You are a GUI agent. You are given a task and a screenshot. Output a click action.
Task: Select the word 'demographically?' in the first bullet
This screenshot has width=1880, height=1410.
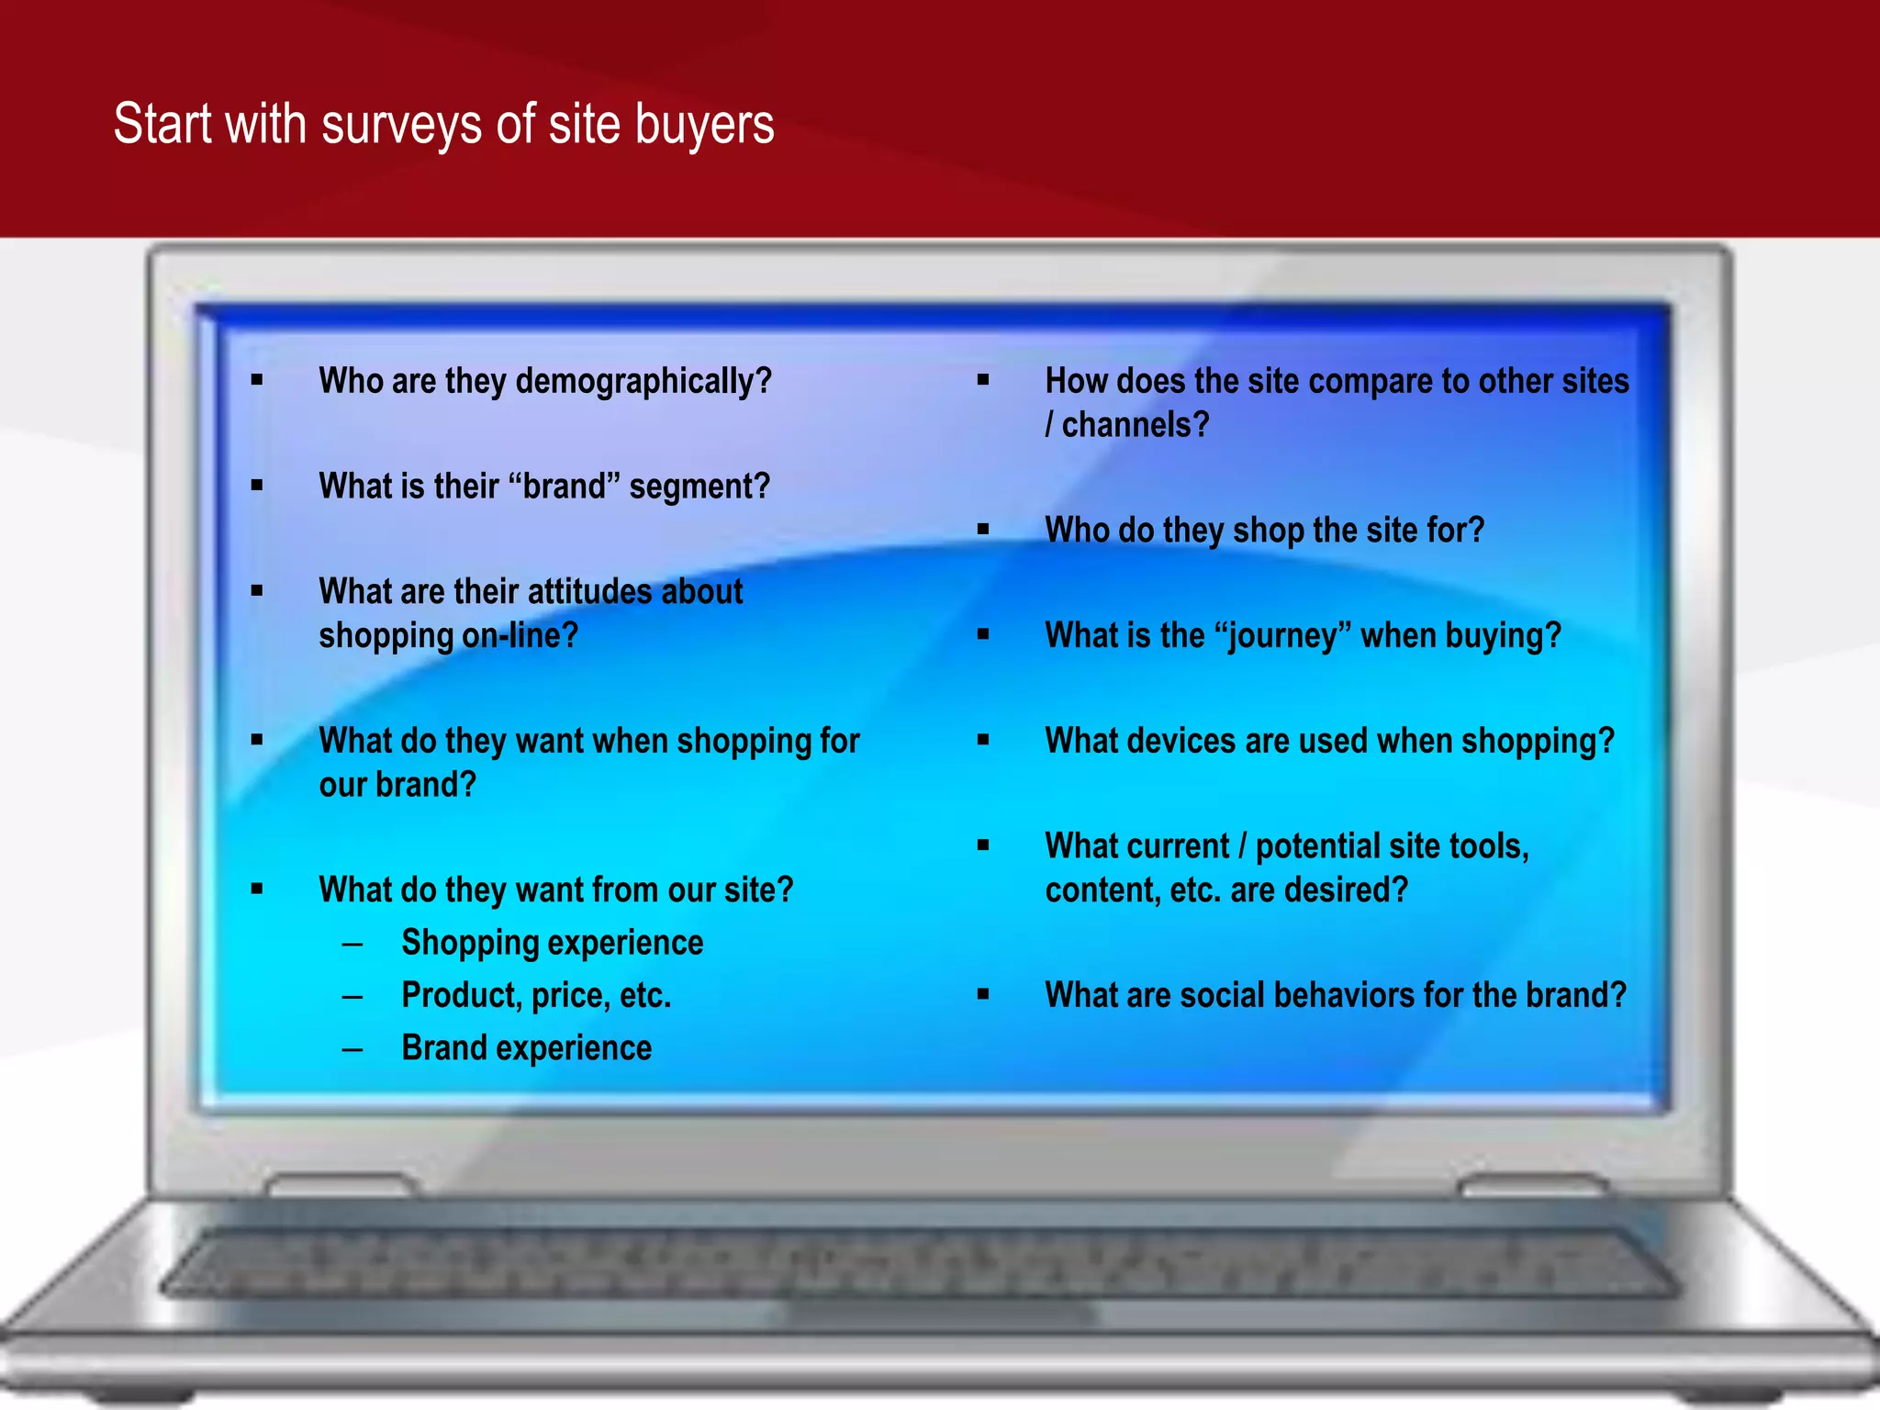643,381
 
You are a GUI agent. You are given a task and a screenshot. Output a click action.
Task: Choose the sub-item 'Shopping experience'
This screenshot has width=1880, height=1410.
552,943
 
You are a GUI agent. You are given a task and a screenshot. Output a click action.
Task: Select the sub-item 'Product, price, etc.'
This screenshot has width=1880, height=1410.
536,995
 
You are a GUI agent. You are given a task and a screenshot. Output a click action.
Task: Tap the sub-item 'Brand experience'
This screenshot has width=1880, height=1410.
526,1048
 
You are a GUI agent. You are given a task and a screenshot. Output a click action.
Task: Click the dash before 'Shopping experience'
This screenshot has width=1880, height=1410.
352,944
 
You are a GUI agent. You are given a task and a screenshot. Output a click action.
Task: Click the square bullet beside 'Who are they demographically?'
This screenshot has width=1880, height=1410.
257,380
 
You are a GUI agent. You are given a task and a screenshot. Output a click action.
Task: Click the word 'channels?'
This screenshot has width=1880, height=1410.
1135,425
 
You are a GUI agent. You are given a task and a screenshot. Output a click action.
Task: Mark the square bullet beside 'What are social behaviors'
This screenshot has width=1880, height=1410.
983,994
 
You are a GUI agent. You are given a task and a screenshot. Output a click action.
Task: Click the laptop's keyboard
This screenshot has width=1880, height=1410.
918,1263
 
